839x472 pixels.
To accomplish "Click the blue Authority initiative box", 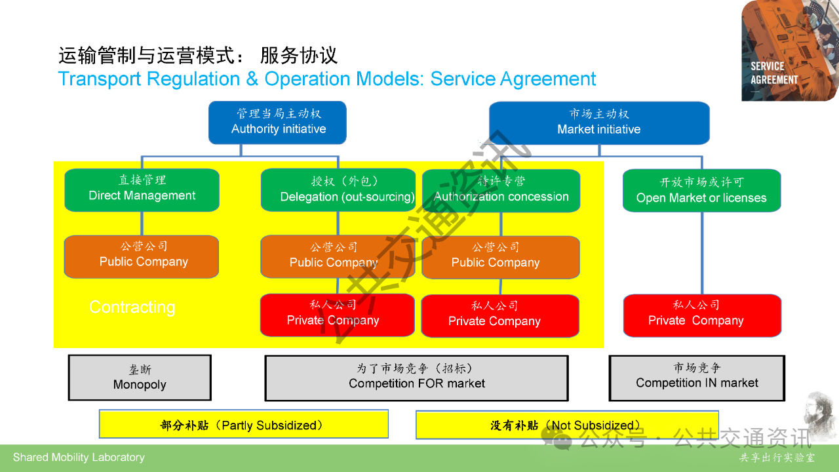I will [x=277, y=123].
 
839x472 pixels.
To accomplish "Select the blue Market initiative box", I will [x=599, y=123].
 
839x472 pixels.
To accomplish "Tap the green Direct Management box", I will [x=142, y=190].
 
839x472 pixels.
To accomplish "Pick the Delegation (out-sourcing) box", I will [x=338, y=191].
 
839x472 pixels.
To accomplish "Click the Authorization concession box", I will [x=501, y=191].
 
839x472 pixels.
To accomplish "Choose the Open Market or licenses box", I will [x=701, y=191].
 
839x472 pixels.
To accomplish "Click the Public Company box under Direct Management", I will [x=142, y=256].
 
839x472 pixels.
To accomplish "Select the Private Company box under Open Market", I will [x=701, y=315].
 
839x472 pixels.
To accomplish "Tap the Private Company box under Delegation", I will [x=338, y=315].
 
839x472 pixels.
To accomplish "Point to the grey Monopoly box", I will [x=140, y=378].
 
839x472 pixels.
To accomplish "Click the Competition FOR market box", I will [x=416, y=378].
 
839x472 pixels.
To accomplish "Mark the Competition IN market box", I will [x=697, y=378].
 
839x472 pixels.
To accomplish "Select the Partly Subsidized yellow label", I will [x=243, y=425].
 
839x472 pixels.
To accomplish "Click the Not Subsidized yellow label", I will [x=567, y=425].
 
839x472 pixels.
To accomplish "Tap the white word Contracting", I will [x=132, y=307].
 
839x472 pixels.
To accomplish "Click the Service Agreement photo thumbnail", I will [x=789, y=50].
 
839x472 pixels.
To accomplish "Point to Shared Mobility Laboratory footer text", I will [x=79, y=458].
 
